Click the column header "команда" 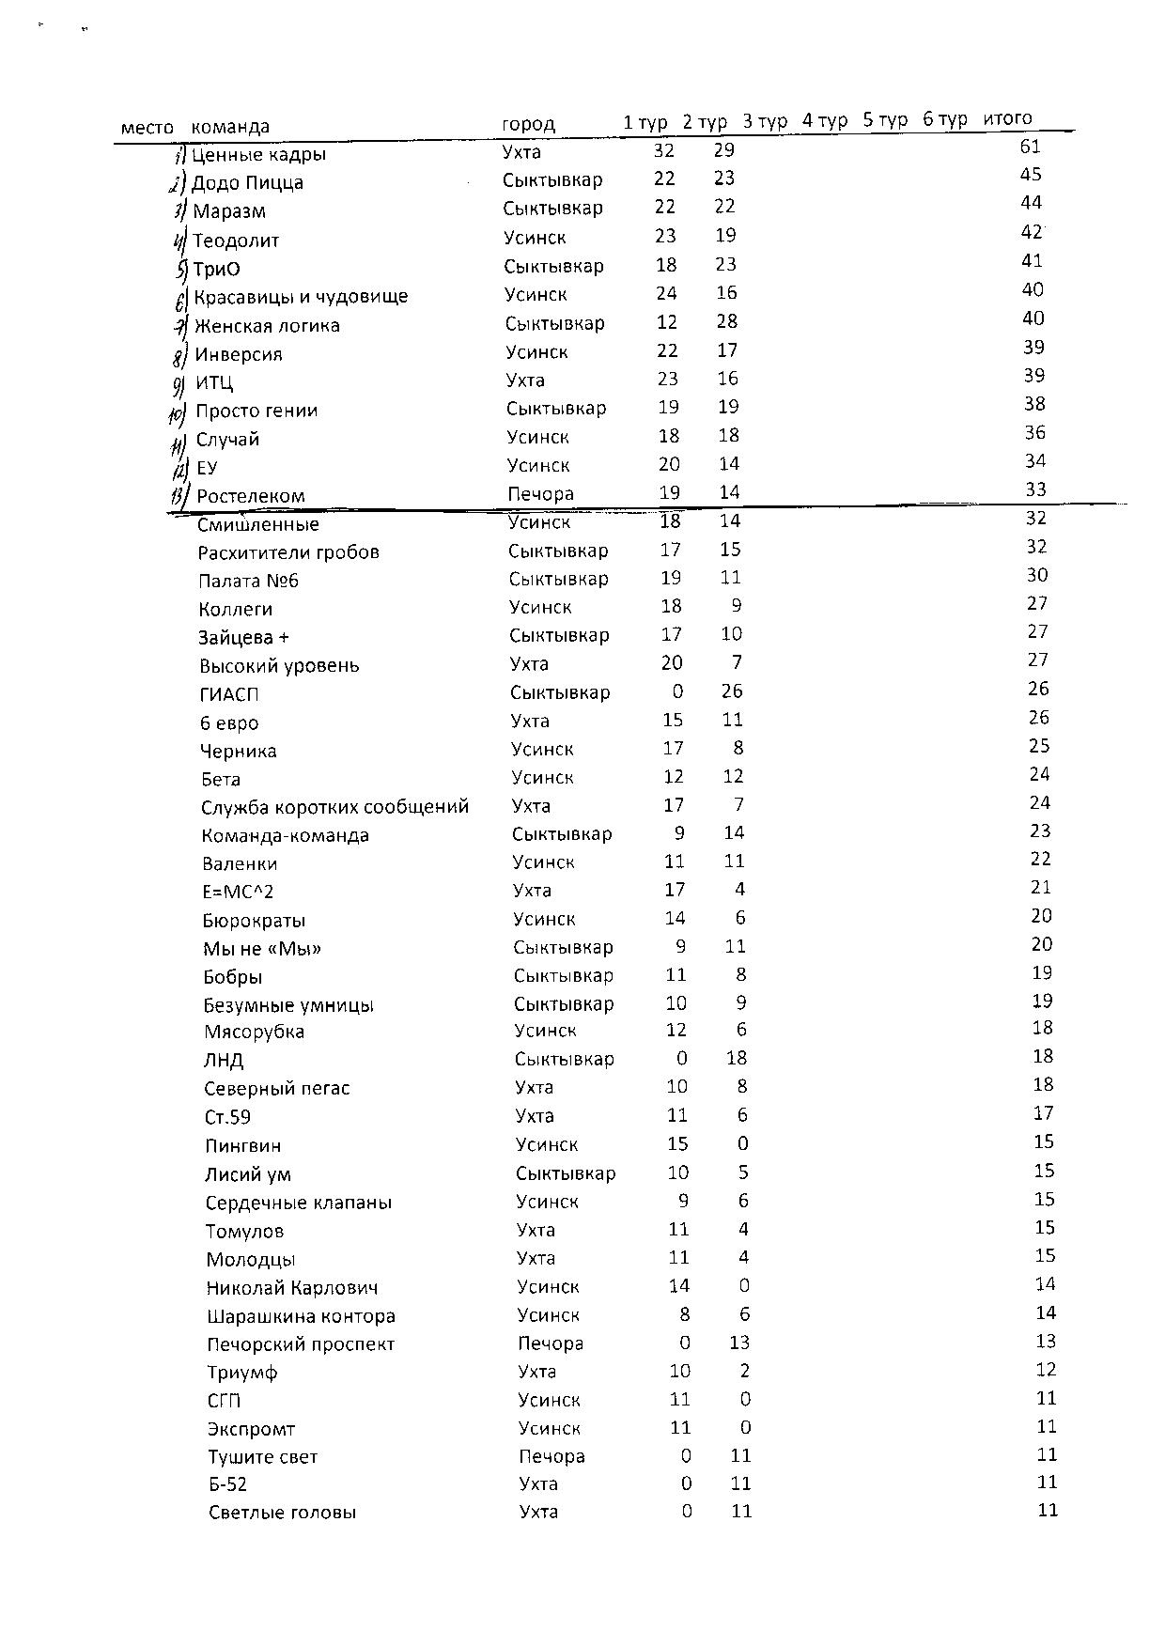click(x=230, y=127)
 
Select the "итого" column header click(x=1007, y=118)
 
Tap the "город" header click(x=528, y=124)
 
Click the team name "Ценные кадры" click(x=258, y=155)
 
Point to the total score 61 click(x=1030, y=147)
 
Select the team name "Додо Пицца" click(x=247, y=183)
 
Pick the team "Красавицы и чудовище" click(x=301, y=297)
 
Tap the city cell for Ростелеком click(x=540, y=494)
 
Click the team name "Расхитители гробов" click(x=288, y=552)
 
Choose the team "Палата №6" click(x=248, y=581)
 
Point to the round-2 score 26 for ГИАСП click(x=732, y=691)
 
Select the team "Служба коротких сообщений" click(x=334, y=807)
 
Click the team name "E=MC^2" click(x=238, y=892)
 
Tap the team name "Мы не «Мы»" click(x=262, y=949)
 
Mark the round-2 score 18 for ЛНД click(x=736, y=1059)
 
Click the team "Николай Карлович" click(x=292, y=1288)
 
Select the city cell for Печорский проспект click(x=551, y=1343)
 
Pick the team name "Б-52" click(x=227, y=1484)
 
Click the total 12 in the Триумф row click(x=1046, y=1370)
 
